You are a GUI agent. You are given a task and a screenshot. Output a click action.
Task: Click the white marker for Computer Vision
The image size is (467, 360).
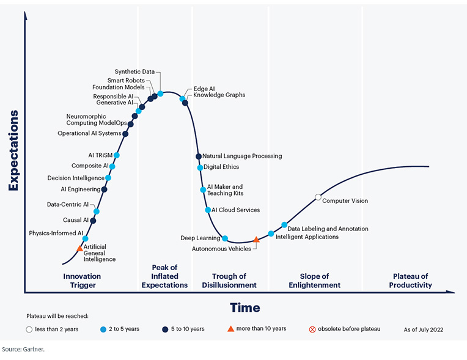pyautogui.click(x=318, y=197)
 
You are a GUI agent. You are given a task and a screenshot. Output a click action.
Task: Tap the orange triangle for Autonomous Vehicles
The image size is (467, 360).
pyautogui.click(x=256, y=240)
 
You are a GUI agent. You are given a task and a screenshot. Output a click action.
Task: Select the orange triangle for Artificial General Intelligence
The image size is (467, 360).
pyautogui.click(x=79, y=249)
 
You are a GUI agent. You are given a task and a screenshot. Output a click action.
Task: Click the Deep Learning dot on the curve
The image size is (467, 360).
pyautogui.click(x=225, y=238)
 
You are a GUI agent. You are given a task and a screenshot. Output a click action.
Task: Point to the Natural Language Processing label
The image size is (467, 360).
pyautogui.click(x=242, y=156)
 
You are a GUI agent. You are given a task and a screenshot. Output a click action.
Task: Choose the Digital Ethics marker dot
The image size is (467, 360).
pyautogui.click(x=200, y=167)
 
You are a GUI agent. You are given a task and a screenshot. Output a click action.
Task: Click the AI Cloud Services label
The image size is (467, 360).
pyautogui.click(x=236, y=210)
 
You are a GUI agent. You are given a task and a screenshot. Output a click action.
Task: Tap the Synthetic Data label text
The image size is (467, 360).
pyautogui.click(x=135, y=72)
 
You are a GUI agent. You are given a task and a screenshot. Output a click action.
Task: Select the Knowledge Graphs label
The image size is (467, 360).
pyautogui.click(x=219, y=95)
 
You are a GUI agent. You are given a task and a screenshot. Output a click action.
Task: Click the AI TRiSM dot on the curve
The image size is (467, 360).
pyautogui.click(x=117, y=155)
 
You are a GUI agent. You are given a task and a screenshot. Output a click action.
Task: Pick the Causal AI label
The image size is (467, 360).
pyautogui.click(x=76, y=220)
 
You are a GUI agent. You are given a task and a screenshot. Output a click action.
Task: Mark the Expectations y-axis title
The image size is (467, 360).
pyautogui.click(x=13, y=150)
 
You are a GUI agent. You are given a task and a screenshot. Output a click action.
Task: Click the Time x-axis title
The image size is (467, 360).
pyautogui.click(x=245, y=307)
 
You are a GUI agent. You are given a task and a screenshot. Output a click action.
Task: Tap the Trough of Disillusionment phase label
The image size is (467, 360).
pyautogui.click(x=229, y=281)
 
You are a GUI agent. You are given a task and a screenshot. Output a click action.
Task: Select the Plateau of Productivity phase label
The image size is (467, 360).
pyautogui.click(x=411, y=281)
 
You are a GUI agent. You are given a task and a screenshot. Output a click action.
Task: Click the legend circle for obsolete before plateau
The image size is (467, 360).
pyautogui.click(x=312, y=329)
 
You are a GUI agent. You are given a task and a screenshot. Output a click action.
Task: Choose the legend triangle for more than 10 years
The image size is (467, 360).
pyautogui.click(x=230, y=329)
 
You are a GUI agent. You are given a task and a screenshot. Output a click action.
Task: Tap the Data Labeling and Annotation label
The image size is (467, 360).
pyautogui.click(x=328, y=229)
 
